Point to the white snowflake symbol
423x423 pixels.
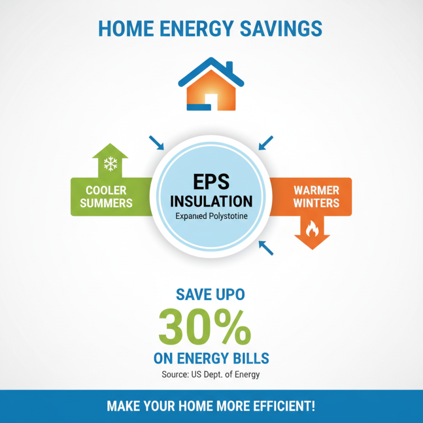click(110, 164)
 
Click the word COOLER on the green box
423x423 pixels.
click(107, 190)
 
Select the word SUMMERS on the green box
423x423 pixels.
click(107, 203)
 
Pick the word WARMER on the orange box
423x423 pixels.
click(316, 190)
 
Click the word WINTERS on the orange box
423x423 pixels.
click(316, 203)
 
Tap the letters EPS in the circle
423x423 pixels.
click(211, 181)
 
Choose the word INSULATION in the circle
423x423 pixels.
click(211, 201)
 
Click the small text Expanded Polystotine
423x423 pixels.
click(211, 216)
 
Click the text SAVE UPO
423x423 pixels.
click(211, 295)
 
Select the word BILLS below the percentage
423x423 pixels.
click(247, 358)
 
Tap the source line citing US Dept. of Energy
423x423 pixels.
click(211, 375)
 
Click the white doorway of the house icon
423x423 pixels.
click(211, 100)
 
